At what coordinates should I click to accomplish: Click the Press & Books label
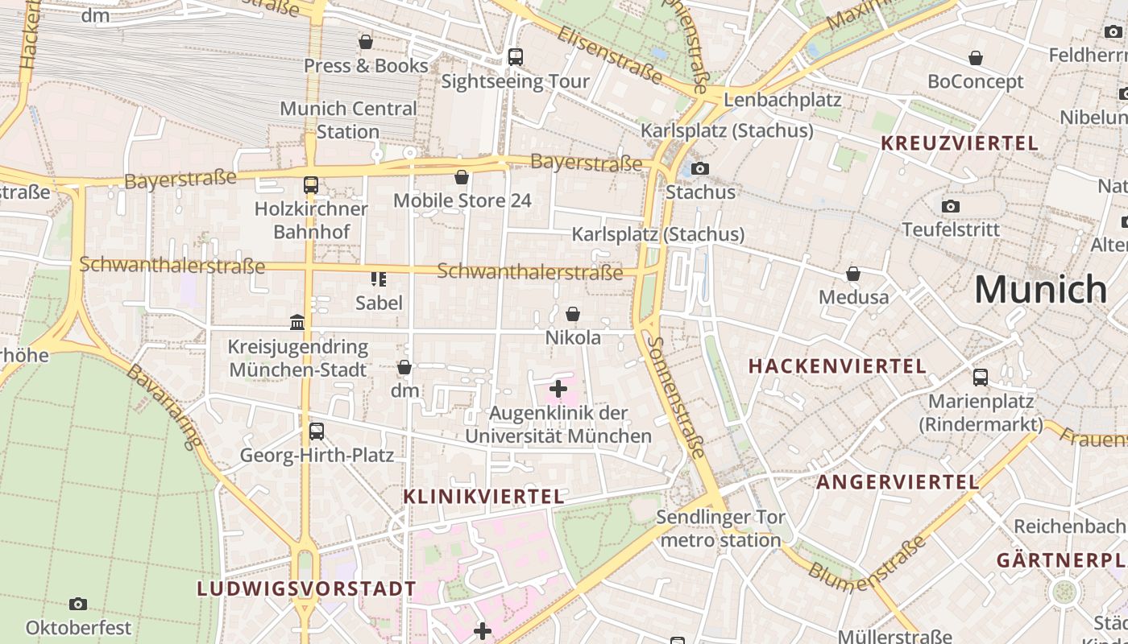[366, 66]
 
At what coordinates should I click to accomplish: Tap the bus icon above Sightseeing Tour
[515, 57]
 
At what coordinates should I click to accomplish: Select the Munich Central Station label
[348, 120]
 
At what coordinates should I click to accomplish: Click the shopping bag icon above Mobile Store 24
[462, 177]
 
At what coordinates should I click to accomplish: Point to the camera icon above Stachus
[700, 168]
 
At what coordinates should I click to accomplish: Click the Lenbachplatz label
[782, 100]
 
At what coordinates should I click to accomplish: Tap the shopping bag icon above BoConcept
[976, 58]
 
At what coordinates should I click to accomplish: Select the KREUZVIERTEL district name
[959, 143]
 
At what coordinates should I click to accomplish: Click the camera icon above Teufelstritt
[951, 206]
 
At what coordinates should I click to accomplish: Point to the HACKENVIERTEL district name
[837, 366]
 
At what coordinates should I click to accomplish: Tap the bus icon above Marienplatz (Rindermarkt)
[981, 377]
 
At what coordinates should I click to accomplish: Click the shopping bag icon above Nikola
[573, 314]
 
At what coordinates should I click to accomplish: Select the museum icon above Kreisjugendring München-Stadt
[297, 323]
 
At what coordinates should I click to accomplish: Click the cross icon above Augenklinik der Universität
[558, 390]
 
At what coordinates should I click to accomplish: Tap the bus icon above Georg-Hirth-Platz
[317, 431]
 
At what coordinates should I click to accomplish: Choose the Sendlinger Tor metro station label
[720, 528]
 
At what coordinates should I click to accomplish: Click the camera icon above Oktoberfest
[78, 604]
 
